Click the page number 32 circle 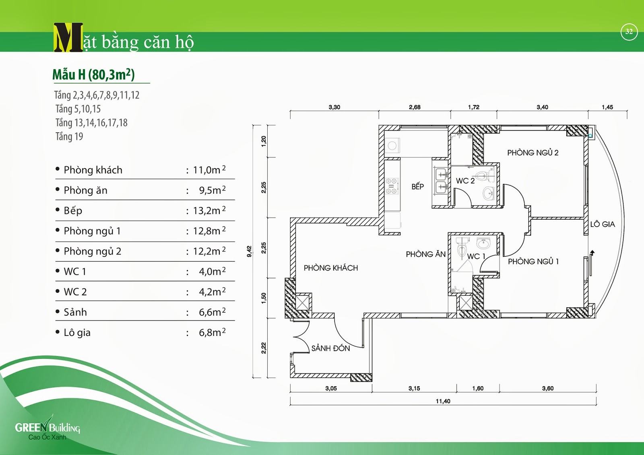629,32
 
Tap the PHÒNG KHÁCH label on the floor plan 330,268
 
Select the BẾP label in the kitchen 417,187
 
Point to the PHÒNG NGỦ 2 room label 533,153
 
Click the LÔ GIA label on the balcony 603,224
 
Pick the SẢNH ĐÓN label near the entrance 330,348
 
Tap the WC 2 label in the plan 465,181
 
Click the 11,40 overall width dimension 443,401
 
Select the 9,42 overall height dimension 250,251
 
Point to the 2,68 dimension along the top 415,107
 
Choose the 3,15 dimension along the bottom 414,388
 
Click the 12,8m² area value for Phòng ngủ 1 209,231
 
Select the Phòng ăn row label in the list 85,190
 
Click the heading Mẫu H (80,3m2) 93,74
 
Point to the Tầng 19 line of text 69,137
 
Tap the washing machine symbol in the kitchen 392,146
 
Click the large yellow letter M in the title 68,38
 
